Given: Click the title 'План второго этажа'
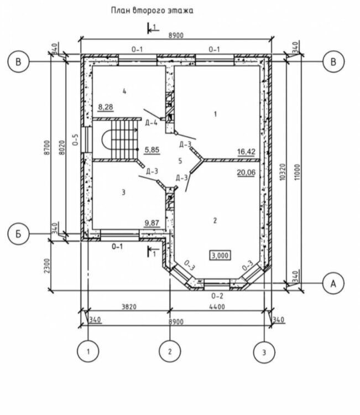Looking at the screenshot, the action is (x=152, y=11).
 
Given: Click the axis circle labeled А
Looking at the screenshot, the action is (x=333, y=283).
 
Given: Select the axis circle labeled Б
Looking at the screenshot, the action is (x=18, y=234).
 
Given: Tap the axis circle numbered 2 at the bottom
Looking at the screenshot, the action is (x=170, y=351).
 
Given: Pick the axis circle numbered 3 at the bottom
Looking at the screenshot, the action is (x=264, y=352).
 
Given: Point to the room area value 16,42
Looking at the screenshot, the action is (x=246, y=152).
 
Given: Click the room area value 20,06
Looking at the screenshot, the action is (x=246, y=173).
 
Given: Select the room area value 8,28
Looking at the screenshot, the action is (x=106, y=107).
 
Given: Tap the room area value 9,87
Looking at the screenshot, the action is (x=152, y=223).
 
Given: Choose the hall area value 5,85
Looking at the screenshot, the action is (x=152, y=150).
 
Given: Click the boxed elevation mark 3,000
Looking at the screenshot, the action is (x=220, y=256).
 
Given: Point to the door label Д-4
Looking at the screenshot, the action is (x=152, y=123).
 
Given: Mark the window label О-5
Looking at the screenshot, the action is (x=75, y=140).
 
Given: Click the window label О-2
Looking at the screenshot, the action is (x=217, y=295).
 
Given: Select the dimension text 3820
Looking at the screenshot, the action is (x=129, y=307).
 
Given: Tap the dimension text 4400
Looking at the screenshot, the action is (x=217, y=307).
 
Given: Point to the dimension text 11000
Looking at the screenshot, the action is (x=298, y=172).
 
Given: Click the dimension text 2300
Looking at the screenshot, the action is (x=47, y=266).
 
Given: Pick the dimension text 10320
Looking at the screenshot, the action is (x=283, y=172).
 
